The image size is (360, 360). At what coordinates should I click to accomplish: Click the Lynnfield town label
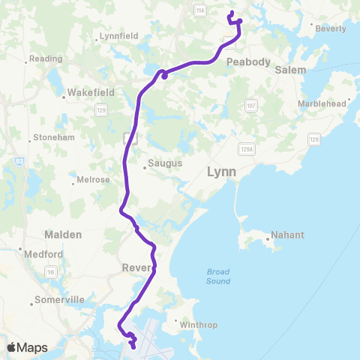[119, 37]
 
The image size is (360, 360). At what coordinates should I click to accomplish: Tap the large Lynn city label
[221, 172]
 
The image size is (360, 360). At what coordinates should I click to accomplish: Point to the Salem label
[291, 70]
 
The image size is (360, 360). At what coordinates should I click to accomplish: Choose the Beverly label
[331, 28]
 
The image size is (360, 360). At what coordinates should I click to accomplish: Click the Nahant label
[287, 235]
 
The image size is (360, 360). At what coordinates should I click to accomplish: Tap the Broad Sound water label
[218, 277]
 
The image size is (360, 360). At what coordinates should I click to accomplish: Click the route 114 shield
[199, 10]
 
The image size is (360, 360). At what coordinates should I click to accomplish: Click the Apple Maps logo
[27, 347]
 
